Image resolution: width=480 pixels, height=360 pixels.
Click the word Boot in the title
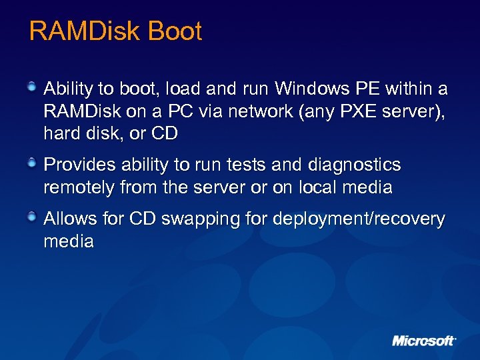tap(175, 31)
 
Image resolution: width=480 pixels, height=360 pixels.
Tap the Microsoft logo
tap(424, 341)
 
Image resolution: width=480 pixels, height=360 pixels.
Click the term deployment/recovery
tap(357, 219)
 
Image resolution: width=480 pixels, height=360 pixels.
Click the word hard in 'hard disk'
tap(61, 133)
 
